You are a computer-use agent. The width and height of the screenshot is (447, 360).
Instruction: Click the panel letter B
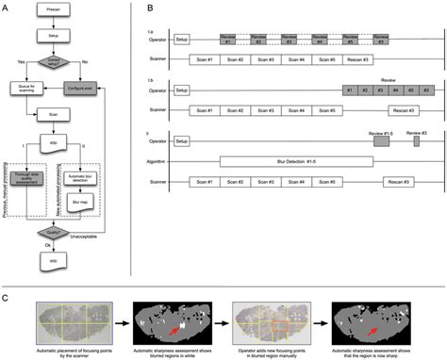coord(141,8)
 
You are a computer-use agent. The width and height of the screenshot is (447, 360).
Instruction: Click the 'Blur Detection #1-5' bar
coord(294,161)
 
